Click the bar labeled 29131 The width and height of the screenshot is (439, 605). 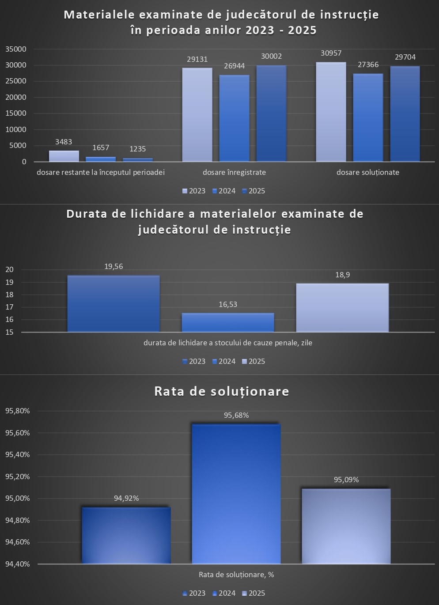click(197, 115)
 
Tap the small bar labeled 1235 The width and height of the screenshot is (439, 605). click(138, 159)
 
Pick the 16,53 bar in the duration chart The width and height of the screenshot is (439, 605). click(228, 322)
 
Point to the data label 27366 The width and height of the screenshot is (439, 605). click(368, 65)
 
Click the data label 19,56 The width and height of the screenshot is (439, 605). click(114, 267)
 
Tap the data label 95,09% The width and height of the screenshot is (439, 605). click(346, 480)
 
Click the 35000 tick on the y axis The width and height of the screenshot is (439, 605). click(16, 49)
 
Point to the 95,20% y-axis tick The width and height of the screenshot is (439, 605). click(18, 477)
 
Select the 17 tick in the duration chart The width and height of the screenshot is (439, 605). click(10, 307)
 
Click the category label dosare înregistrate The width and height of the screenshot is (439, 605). click(234, 172)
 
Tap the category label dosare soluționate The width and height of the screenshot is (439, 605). click(368, 172)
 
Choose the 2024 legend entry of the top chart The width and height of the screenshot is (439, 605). click(224, 191)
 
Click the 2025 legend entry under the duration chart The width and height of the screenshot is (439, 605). click(254, 362)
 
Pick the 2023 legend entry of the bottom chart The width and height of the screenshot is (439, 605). click(194, 594)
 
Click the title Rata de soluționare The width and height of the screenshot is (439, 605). click(222, 392)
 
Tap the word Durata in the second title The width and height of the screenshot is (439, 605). click(87, 214)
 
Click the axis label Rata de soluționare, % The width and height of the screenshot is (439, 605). click(236, 575)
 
